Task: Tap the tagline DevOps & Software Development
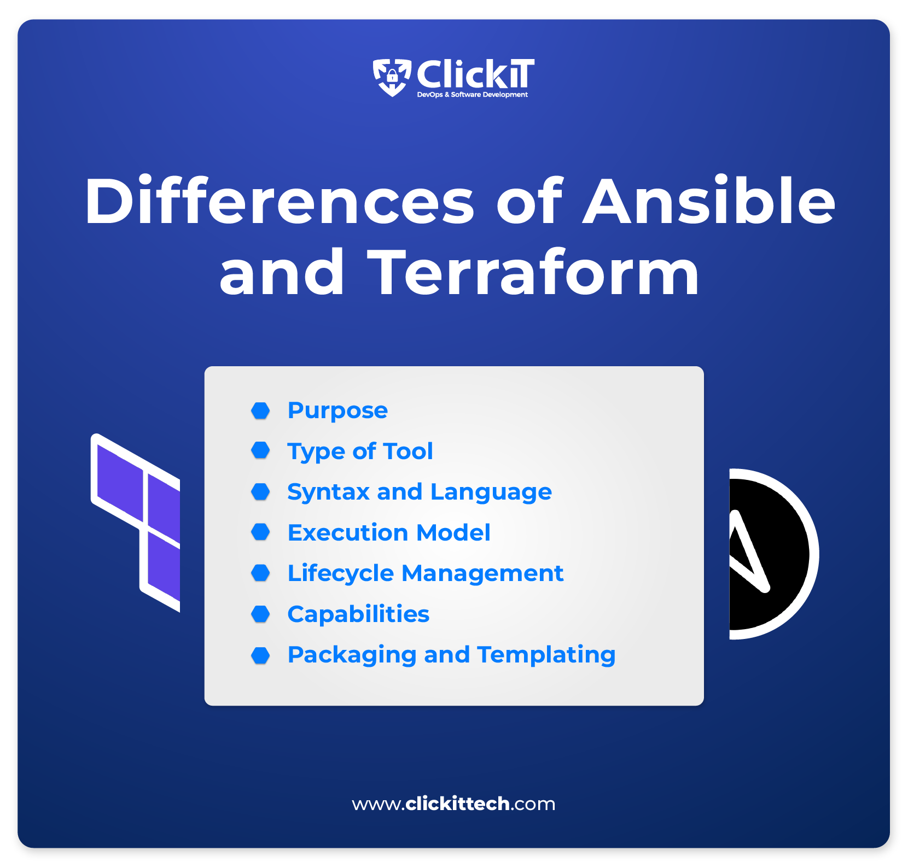coord(473,95)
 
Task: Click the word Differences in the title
coord(280,201)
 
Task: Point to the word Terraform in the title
coord(534,272)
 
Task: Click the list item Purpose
coord(337,411)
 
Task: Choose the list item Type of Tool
coord(360,452)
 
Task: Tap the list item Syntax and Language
coord(420,492)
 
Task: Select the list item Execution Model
coord(389,532)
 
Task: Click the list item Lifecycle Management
coord(426,574)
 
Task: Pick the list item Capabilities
coord(358,614)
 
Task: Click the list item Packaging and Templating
coord(452,655)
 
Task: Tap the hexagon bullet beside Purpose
coord(260,410)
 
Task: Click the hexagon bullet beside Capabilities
coord(260,614)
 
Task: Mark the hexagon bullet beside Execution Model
coord(260,532)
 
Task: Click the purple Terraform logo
coord(136,522)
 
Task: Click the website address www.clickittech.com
coord(453,804)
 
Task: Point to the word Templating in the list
coord(546,655)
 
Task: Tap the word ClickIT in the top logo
coord(475,74)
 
